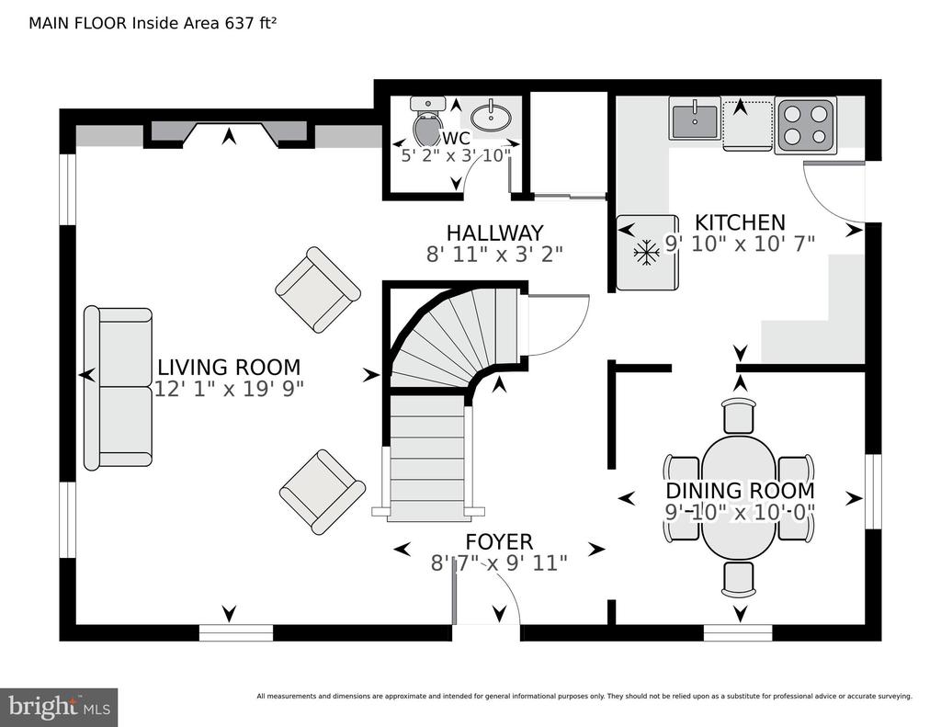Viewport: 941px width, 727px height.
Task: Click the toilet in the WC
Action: point(427,121)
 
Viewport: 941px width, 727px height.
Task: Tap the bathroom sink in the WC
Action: point(493,118)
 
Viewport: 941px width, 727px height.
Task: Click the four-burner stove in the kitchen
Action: point(806,124)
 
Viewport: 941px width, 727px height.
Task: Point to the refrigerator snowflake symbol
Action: point(647,250)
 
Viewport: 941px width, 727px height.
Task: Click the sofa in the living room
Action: point(118,387)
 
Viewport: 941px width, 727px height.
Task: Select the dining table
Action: point(739,495)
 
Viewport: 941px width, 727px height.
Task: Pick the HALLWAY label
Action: point(494,233)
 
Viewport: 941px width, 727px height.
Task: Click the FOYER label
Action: point(498,542)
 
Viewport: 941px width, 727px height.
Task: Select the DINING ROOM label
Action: point(740,491)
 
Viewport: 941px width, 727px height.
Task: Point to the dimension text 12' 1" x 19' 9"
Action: point(229,390)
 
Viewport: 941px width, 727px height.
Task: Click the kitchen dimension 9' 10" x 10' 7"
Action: point(740,244)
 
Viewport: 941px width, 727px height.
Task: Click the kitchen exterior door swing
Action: point(832,191)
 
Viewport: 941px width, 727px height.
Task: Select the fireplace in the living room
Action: point(228,134)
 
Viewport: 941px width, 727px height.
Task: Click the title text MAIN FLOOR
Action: point(80,23)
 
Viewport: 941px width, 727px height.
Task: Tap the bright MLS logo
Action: point(59,707)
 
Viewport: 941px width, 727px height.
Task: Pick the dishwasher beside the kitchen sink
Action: point(747,124)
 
